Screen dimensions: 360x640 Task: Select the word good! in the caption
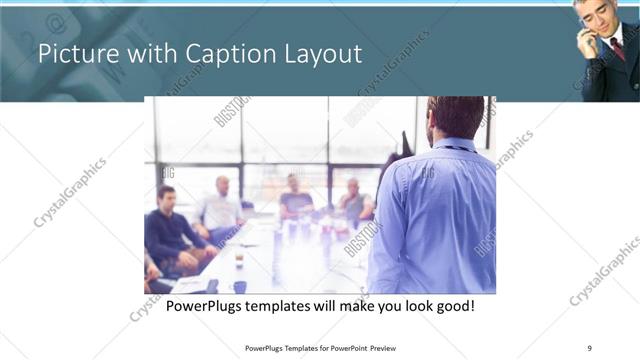point(452,305)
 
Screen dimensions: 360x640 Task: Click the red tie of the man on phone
point(617,49)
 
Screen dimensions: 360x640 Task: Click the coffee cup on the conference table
point(239,259)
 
